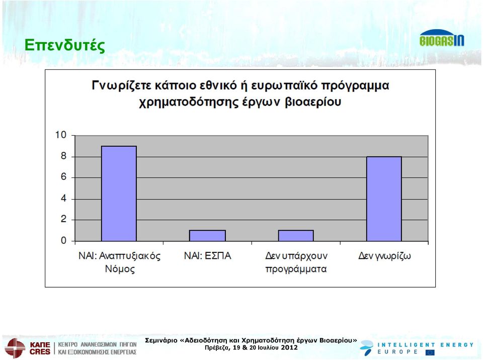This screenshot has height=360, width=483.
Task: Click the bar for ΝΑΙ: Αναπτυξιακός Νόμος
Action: pos(119,194)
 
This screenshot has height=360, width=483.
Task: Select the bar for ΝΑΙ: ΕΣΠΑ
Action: pos(207,236)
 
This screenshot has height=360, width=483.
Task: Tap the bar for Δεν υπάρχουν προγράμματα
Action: pos(296,236)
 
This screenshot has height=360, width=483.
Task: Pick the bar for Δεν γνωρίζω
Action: pos(384,199)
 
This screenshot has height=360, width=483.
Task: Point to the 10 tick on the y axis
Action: pos(61,135)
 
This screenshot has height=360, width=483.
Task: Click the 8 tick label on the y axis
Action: pos(63,156)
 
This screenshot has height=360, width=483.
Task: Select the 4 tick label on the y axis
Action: pos(63,198)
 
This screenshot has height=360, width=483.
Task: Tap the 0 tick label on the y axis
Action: pos(63,240)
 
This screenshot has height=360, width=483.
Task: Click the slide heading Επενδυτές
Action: pos(65,45)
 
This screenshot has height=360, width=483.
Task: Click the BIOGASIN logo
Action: pos(441,38)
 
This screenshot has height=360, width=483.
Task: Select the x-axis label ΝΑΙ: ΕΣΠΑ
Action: pos(207,255)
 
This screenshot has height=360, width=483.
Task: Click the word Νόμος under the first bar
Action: pos(120,269)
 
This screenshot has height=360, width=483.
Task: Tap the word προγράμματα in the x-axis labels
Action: pos(296,269)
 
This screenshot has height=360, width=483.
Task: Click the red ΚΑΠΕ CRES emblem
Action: pos(15,348)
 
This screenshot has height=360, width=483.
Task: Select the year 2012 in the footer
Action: pos(289,348)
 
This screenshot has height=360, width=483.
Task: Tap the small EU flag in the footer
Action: pos(430,352)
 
